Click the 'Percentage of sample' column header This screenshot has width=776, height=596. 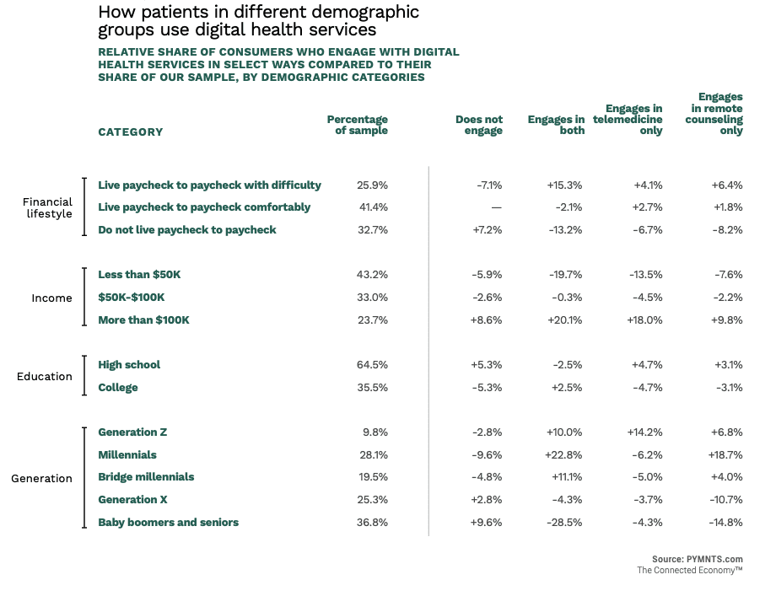(358, 125)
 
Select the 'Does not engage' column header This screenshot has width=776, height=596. (479, 125)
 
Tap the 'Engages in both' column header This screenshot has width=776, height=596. (557, 125)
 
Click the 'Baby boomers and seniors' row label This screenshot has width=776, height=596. (168, 522)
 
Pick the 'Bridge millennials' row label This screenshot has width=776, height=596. (146, 476)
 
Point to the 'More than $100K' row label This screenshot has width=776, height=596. (143, 319)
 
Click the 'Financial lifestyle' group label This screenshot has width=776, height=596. (47, 207)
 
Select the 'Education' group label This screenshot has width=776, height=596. (45, 376)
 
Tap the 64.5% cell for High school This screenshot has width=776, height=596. (372, 364)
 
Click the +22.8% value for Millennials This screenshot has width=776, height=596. (564, 454)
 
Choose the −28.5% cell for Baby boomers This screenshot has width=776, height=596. (564, 522)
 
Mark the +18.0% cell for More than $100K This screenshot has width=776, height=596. (645, 319)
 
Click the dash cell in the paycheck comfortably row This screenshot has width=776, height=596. (496, 207)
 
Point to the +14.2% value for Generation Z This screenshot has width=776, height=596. (645, 432)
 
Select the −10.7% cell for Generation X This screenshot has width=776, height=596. (725, 499)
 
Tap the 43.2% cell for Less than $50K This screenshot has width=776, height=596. (372, 274)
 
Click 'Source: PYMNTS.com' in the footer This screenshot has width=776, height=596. (697, 559)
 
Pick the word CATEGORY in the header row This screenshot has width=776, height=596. (130, 132)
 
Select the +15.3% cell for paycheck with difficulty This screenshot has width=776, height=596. (564, 185)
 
